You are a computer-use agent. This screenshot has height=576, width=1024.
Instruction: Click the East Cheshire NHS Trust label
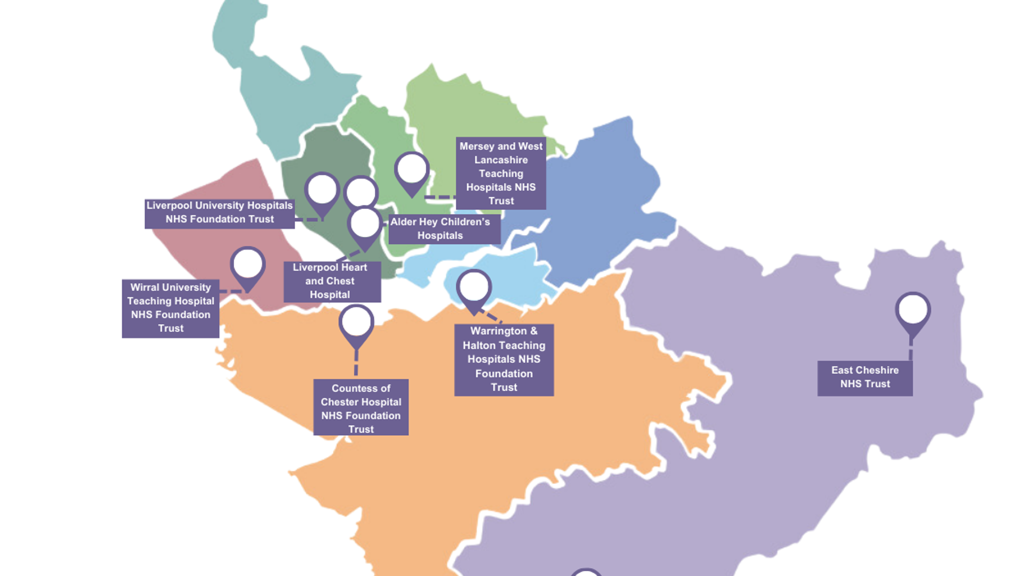pyautogui.click(x=865, y=378)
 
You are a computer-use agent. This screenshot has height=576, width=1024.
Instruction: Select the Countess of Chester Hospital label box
pyautogui.click(x=361, y=408)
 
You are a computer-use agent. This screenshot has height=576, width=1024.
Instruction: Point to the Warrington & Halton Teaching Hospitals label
pyautogui.click(x=503, y=360)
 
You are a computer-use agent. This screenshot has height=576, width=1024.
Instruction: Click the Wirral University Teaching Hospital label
pyautogui.click(x=170, y=308)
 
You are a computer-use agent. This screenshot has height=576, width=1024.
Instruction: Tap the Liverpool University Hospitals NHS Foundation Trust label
pyautogui.click(x=219, y=213)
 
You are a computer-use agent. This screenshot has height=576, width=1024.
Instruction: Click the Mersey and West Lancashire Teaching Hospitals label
pyautogui.click(x=501, y=173)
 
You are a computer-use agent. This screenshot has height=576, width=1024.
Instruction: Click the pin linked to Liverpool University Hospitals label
pyautogui.click(x=322, y=190)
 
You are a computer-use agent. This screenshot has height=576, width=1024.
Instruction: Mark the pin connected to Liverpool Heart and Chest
pyautogui.click(x=365, y=225)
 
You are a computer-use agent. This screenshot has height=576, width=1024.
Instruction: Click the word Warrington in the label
pyautogui.click(x=498, y=331)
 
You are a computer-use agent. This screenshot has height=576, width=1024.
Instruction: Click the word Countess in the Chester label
pyautogui.click(x=353, y=388)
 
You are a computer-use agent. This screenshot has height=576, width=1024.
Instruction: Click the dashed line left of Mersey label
pyautogui.click(x=440, y=197)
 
